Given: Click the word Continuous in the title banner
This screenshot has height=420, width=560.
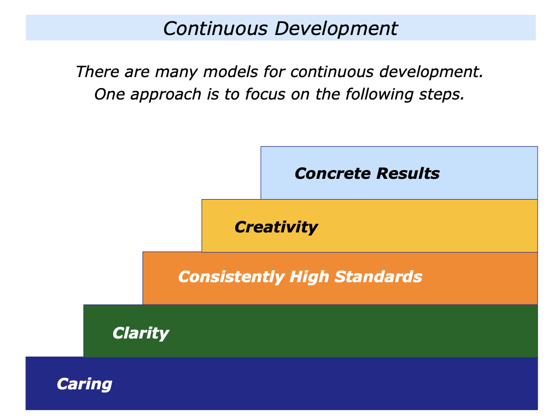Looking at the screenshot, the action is click(x=215, y=28).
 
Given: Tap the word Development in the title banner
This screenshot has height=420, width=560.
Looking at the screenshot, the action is click(x=336, y=29).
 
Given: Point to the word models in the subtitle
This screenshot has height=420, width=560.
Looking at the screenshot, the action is click(x=230, y=72).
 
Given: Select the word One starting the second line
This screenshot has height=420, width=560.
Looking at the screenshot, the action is click(x=109, y=94).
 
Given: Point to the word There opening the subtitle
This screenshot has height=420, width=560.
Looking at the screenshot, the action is click(x=97, y=72).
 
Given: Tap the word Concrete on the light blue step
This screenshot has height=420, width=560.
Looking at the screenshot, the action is click(x=333, y=173).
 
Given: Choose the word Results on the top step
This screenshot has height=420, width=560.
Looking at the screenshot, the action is click(x=408, y=173).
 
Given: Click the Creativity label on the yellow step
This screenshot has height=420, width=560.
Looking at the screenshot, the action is click(x=276, y=227).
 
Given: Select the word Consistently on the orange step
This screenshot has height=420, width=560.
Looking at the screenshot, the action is click(x=231, y=277).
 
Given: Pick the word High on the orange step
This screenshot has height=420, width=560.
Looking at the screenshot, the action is click(x=310, y=277).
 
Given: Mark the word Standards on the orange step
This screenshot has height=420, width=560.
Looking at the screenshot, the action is click(x=378, y=277).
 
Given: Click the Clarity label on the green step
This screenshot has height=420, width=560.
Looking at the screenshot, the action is click(x=141, y=334).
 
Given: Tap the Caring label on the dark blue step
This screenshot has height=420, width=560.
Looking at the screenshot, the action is click(x=85, y=384).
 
